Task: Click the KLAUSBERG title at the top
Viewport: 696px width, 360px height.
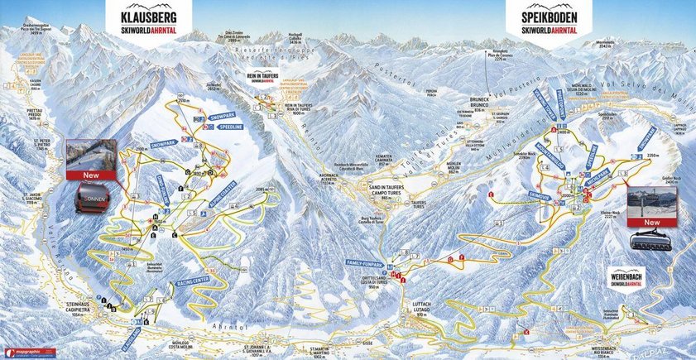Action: click(149, 16)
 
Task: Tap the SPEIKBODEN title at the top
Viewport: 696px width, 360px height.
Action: click(549, 16)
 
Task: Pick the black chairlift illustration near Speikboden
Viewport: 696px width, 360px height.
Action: click(651, 240)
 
